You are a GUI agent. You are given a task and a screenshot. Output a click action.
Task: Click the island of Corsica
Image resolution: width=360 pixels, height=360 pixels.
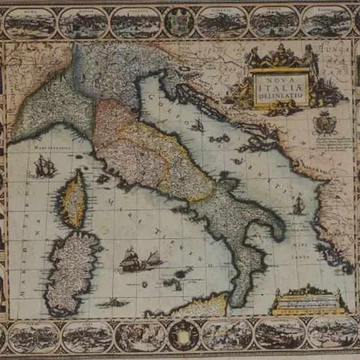coord(73,198)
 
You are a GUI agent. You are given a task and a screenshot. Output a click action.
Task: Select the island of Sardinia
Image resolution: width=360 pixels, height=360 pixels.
coord(70,268)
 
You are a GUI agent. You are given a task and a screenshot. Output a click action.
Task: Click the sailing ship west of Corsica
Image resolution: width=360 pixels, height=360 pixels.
coord(45,168)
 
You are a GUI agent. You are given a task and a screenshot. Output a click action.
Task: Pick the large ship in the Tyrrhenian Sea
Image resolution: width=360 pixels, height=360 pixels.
coord(130,261)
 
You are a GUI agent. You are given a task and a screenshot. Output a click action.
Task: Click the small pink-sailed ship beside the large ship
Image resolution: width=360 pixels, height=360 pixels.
coord(154,258)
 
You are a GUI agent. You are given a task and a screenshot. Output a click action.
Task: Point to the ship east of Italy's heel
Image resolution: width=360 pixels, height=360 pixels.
coord(298,206)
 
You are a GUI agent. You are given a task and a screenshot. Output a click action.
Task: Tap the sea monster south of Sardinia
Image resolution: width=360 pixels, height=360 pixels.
coord(111,302)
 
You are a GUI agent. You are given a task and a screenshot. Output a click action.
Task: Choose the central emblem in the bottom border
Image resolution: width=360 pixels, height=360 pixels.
coord(184,335)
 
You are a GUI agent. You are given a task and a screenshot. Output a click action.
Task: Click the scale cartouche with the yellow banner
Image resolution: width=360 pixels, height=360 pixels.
coord(308,303)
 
